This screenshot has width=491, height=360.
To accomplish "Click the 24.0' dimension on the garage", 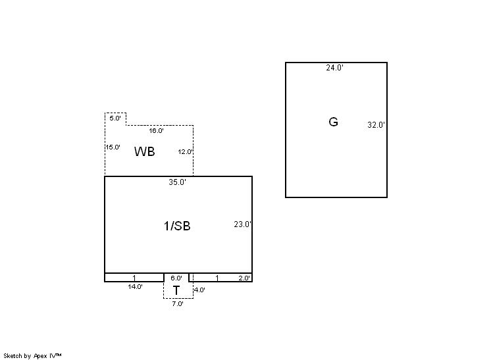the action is (334, 68).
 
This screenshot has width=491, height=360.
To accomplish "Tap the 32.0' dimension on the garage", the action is (376, 125).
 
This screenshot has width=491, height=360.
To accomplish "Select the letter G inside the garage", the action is (333, 122).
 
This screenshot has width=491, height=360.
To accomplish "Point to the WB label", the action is (144, 151).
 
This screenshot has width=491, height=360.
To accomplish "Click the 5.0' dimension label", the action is (115, 118).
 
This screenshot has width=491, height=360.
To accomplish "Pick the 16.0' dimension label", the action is (156, 131).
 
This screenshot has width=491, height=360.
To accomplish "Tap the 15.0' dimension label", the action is (113, 147).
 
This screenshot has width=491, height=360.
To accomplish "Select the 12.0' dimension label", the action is (186, 152).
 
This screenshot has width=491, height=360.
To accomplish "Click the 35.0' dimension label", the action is (177, 182).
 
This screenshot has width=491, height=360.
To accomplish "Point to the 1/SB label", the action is (177, 226).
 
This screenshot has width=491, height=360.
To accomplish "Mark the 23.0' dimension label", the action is (242, 224).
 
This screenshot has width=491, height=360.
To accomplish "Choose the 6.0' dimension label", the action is (176, 278).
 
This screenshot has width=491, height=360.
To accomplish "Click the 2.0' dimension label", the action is (244, 278).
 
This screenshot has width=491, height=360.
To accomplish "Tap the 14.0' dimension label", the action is (136, 287).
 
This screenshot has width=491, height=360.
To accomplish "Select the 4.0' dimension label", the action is (199, 290).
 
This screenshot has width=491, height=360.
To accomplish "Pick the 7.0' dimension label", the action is (178, 303).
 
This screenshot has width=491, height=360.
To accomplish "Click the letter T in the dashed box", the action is (176, 291).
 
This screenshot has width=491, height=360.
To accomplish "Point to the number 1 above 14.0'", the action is (134, 278).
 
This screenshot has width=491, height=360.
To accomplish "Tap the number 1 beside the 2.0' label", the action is (217, 278).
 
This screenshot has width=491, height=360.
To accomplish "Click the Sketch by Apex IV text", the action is (32, 356).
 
